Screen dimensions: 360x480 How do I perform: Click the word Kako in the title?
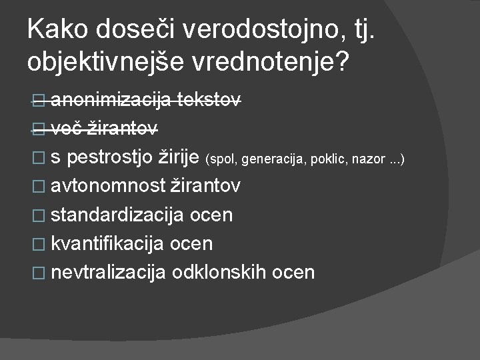pyautogui.click(x=58, y=29)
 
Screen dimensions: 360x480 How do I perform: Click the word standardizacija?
pyautogui.click(x=118, y=215)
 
